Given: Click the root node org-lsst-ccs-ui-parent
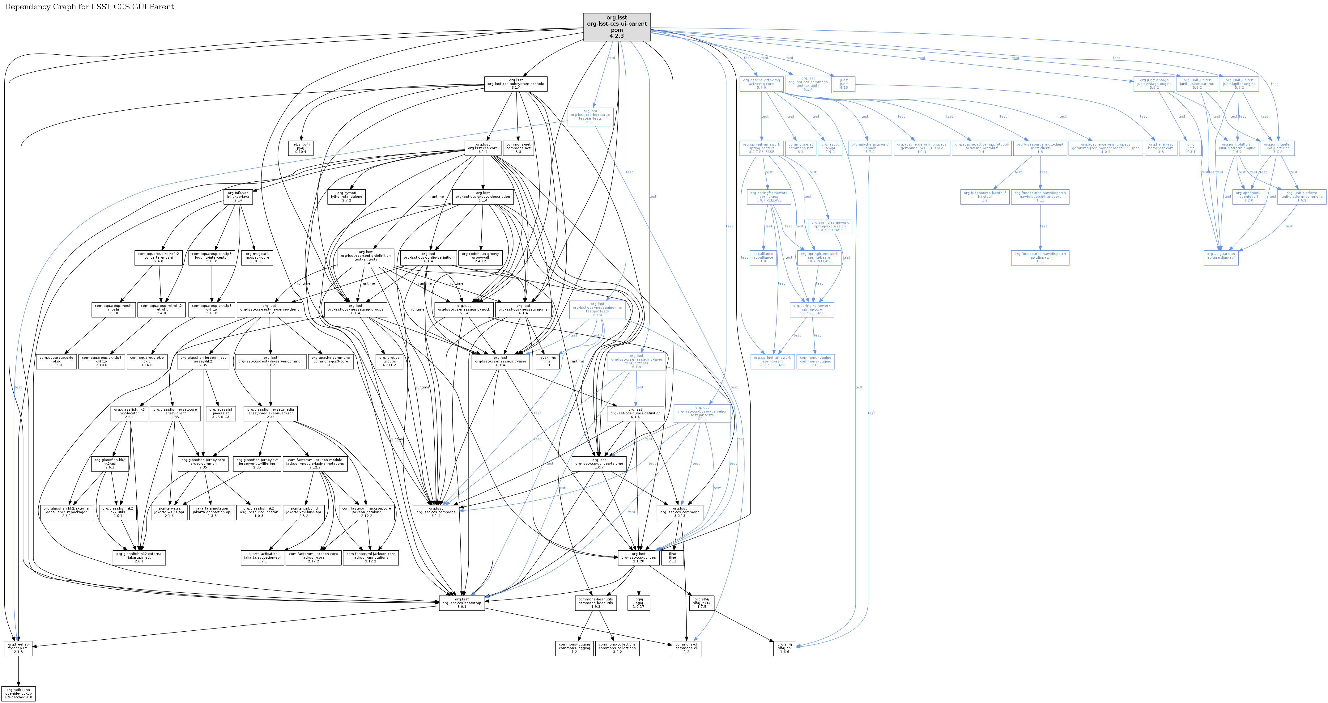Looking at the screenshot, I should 617,27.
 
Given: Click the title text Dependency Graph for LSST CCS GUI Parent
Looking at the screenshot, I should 89,7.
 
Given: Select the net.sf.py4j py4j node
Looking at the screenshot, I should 300,148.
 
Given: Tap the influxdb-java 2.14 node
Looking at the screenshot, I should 238,196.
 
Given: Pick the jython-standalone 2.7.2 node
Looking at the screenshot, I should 347,196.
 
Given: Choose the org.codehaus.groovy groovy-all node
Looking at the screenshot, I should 480,257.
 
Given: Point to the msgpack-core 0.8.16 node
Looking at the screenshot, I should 257,257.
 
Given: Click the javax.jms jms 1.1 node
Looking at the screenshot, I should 547,361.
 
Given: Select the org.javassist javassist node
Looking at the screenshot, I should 221,413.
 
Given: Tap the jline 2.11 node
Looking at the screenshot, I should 672,557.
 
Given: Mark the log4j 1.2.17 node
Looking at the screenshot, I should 639,603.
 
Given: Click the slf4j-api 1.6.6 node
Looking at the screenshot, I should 784,648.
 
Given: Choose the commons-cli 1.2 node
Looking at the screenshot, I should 686,648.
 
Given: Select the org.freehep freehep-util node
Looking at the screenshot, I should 18,648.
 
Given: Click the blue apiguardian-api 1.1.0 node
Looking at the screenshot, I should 1221,257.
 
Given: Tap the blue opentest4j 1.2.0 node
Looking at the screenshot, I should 1248,196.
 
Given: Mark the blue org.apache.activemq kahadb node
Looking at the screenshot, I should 870,148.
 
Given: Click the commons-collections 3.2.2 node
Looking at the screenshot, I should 617,648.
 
